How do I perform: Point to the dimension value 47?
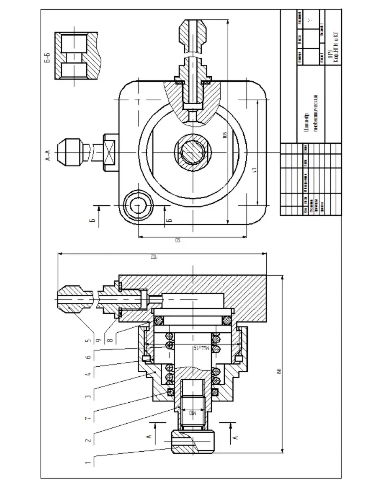click(x=254, y=170)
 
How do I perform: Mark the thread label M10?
click(x=192, y=413)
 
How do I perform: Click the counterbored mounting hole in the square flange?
click(x=138, y=205)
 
